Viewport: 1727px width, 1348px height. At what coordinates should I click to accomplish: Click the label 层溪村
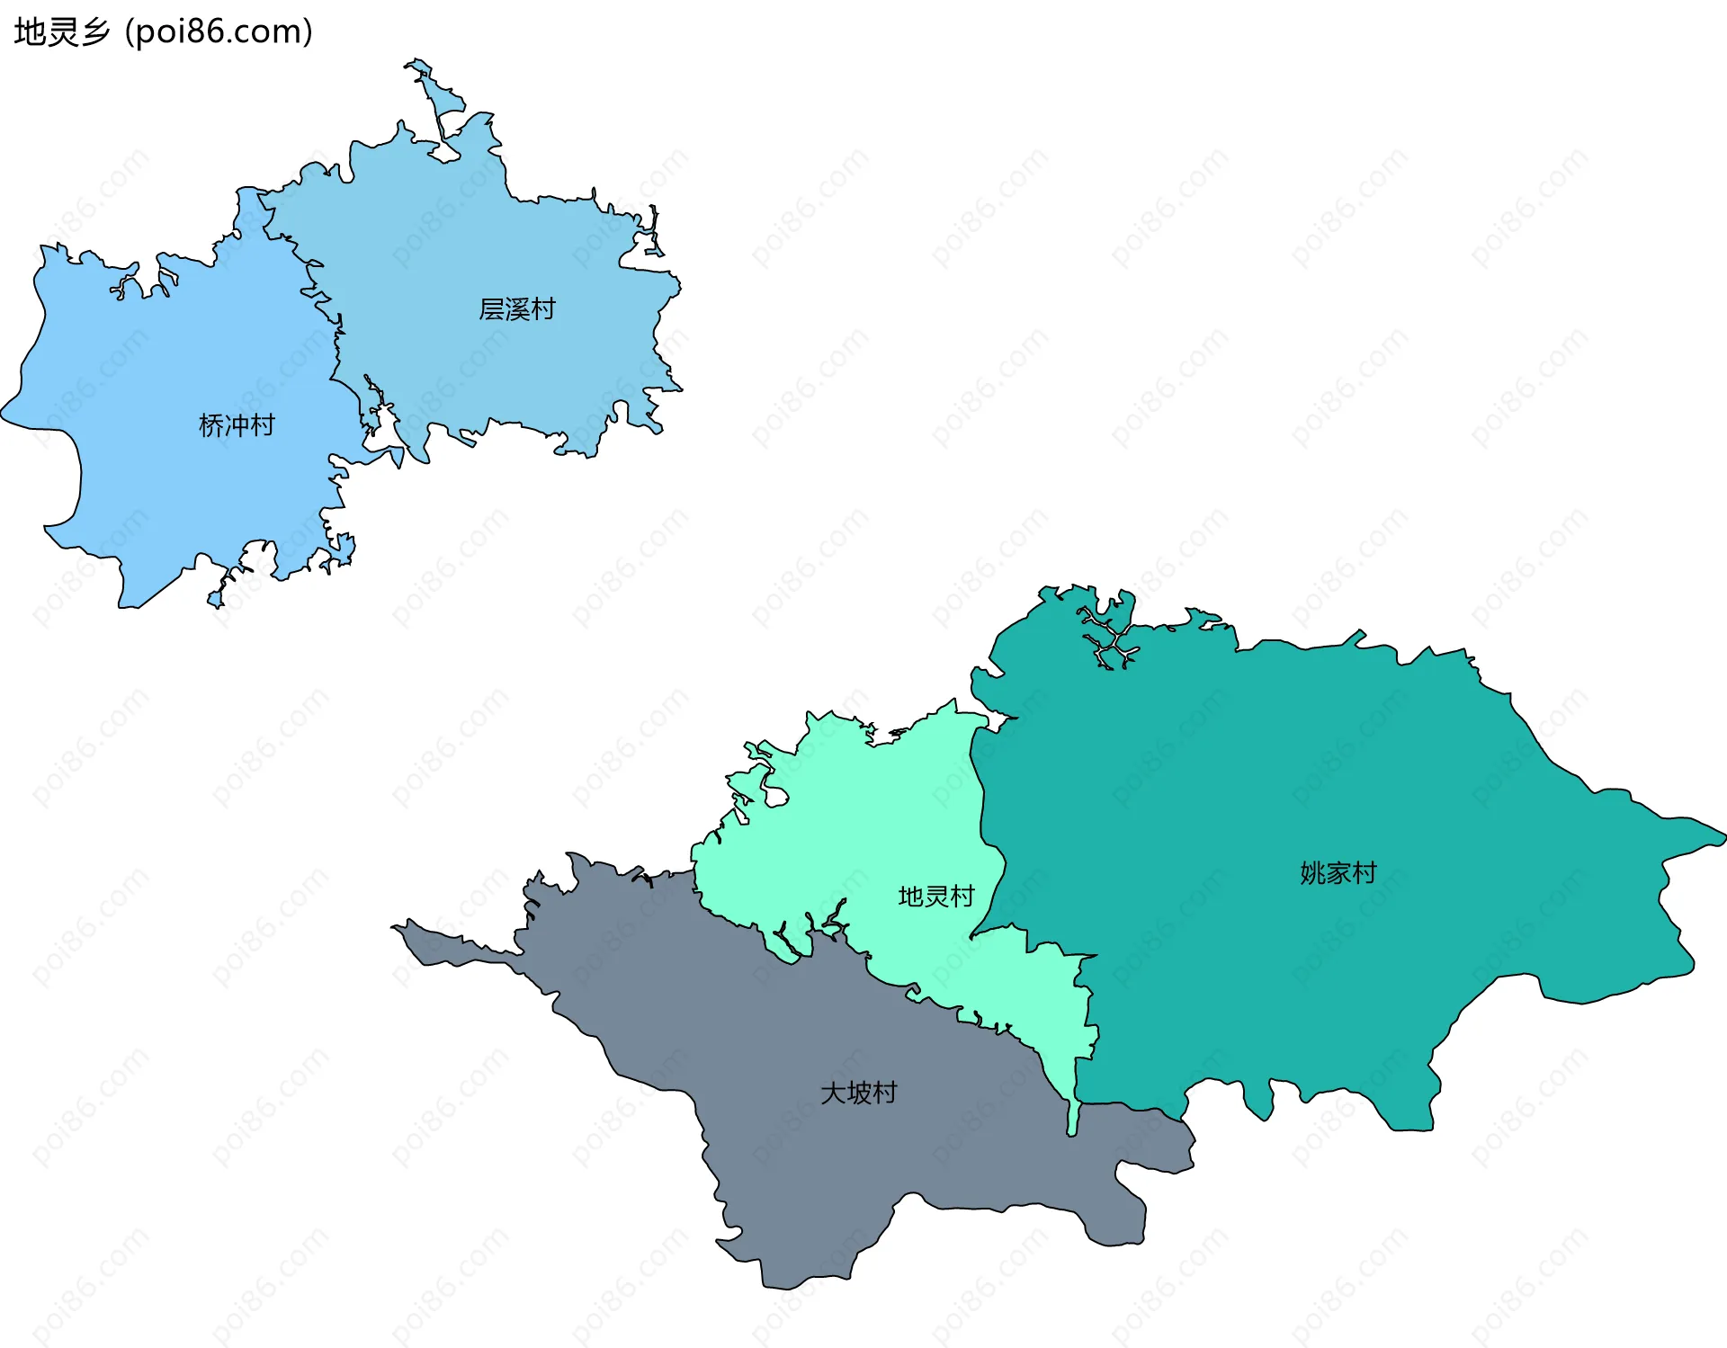pos(516,309)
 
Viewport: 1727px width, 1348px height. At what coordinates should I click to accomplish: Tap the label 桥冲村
pos(237,425)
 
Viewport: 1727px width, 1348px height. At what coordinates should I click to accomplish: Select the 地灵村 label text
pos(935,897)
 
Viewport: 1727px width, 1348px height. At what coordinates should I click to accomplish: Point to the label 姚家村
pos(1338,873)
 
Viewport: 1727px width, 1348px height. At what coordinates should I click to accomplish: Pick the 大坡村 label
pos(858,1093)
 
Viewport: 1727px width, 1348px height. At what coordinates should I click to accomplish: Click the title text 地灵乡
pos(61,32)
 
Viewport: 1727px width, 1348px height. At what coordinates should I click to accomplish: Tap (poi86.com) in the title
pos(219,32)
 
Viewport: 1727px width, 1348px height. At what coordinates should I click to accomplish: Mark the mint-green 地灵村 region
pos(855,827)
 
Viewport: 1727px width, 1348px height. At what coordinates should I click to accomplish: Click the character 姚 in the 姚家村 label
pos(1312,873)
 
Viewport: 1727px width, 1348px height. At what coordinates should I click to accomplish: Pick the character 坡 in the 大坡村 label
pos(859,1093)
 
